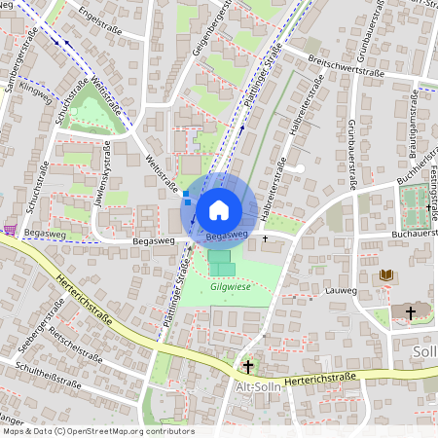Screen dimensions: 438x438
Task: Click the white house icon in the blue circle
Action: click(219, 210)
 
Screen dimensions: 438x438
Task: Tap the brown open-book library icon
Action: click(386, 276)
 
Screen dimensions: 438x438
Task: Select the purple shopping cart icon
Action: click(10, 230)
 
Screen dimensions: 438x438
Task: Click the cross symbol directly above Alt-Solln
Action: click(248, 366)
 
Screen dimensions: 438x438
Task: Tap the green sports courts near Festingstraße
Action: click(414, 204)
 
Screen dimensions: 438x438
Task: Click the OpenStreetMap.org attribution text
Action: click(141, 430)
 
